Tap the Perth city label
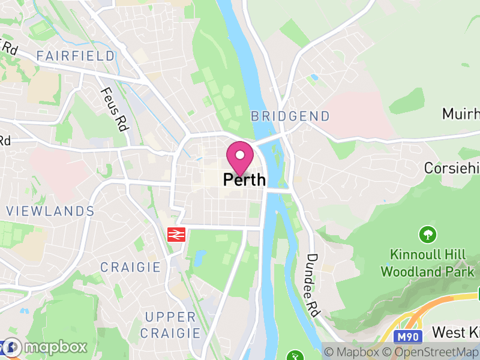tap(244, 179)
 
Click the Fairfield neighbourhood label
tap(76, 56)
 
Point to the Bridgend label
tap(290, 116)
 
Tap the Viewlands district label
tap(50, 211)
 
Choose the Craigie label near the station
tap(130, 267)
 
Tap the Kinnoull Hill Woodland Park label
tap(427, 263)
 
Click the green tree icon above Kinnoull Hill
tap(428, 234)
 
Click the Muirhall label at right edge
tap(461, 114)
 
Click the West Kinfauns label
tap(455, 332)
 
